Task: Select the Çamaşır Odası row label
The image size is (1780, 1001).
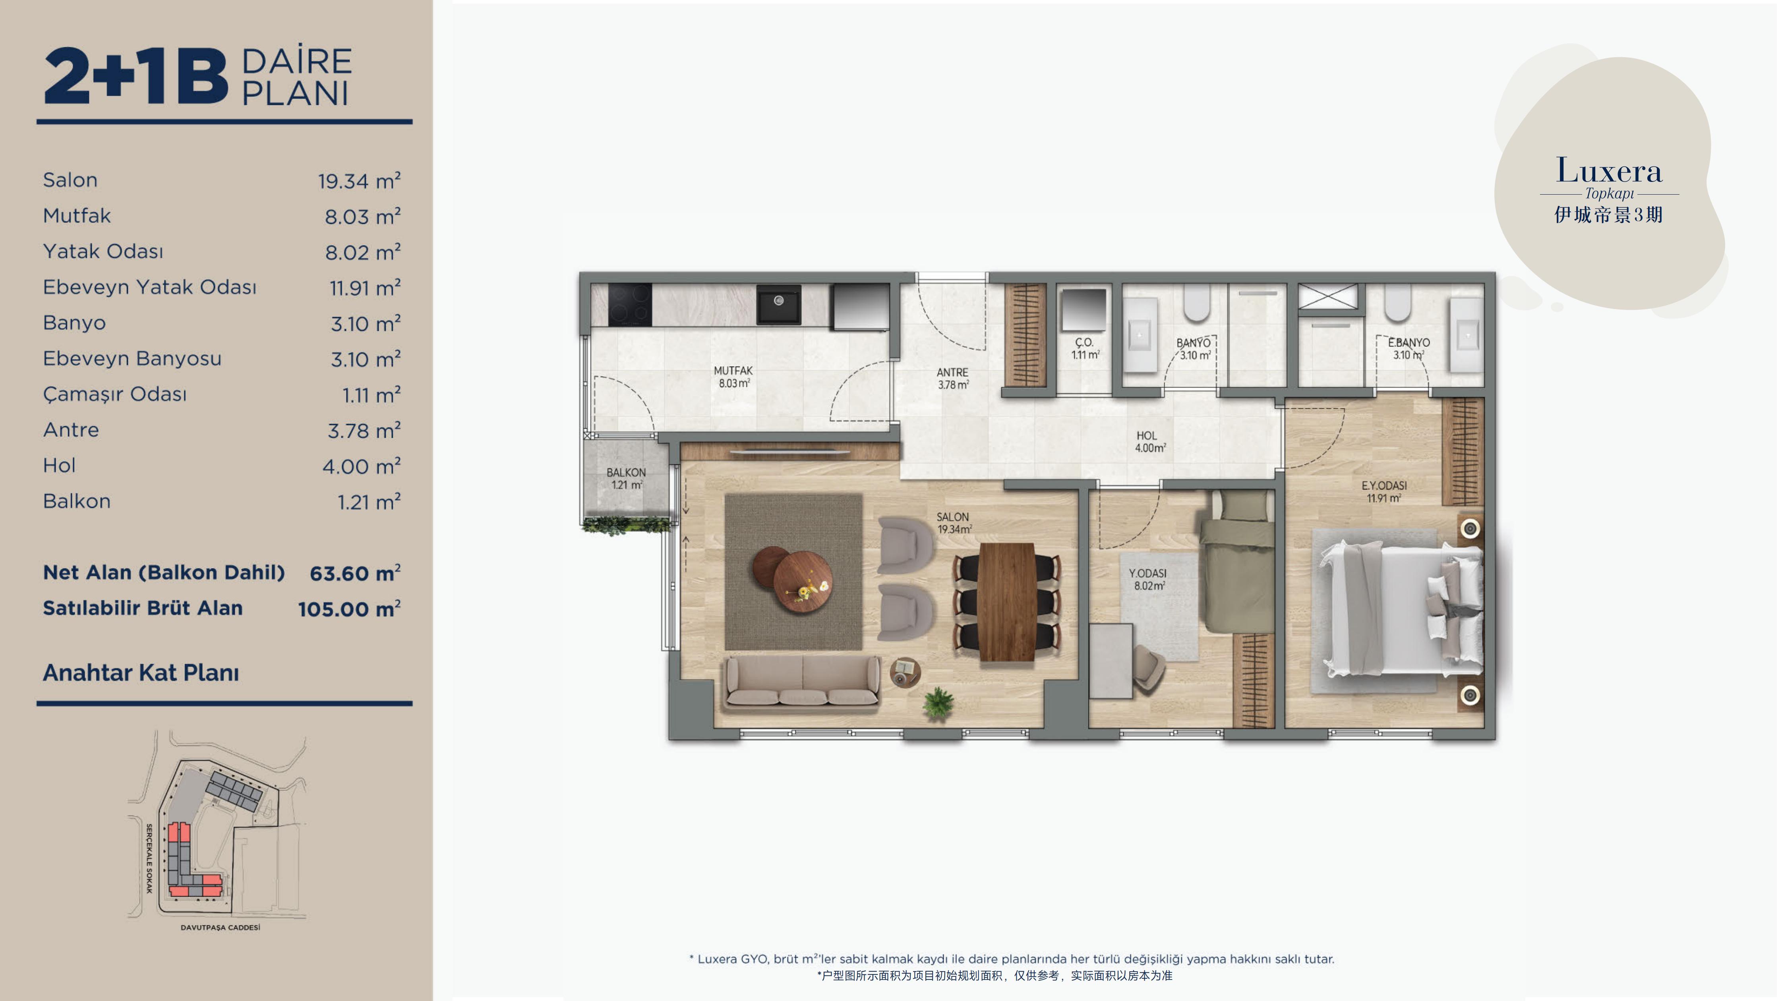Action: coord(115,394)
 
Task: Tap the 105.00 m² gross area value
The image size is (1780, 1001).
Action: coord(349,609)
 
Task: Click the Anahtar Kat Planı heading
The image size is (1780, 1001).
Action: coord(141,672)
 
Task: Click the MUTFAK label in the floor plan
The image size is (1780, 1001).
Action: coord(733,371)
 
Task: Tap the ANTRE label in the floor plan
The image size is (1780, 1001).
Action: coord(952,372)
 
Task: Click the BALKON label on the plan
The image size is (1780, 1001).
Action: coord(626,473)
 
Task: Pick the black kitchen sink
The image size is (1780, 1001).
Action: coord(779,304)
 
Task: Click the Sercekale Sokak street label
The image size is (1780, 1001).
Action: coord(149,858)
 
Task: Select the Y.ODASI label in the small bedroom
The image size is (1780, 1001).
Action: coord(1148,573)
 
